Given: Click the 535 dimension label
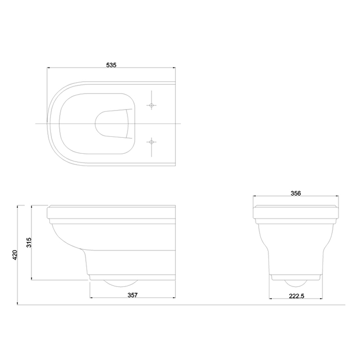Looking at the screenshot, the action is tap(112, 65).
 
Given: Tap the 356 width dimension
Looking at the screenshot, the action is tap(296, 193).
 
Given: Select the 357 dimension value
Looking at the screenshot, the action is tap(133, 295).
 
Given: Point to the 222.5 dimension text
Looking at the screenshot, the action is tap(296, 296).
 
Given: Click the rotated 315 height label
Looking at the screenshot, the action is tap(29, 242).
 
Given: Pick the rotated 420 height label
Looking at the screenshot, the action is tap(15, 255).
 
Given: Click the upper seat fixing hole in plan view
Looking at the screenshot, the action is tap(151, 105).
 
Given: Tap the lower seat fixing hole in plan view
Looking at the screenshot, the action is tap(151, 142).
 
